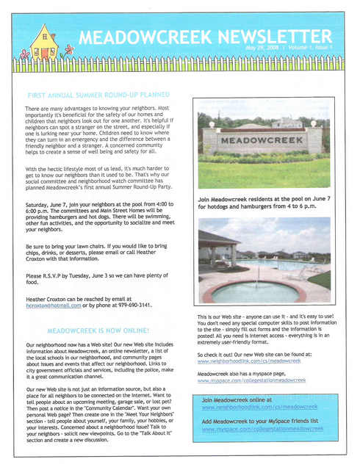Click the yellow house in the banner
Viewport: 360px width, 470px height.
pyautogui.click(x=43, y=43)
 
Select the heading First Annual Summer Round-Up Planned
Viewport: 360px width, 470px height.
pyautogui.click(x=98, y=95)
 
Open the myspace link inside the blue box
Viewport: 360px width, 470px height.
pyautogui.click(x=262, y=429)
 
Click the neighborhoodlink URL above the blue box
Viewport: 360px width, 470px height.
pyautogui.click(x=239, y=361)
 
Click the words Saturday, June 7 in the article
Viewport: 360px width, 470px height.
pyautogui.click(x=48, y=204)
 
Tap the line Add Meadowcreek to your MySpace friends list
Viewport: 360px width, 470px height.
pyautogui.click(x=259, y=422)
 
